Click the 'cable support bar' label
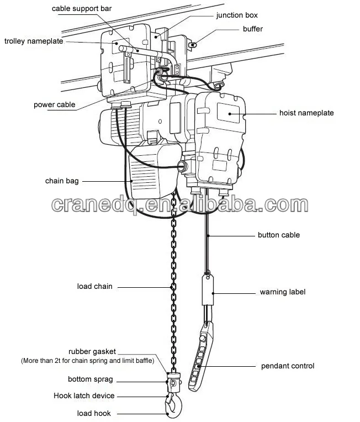pos(82,8)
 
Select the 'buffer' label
pos(252,29)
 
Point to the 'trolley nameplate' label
pos(34,41)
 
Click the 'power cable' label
pos(54,104)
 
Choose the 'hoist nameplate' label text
pos(306,113)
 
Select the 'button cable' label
pos(279,235)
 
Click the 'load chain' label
pos(94,286)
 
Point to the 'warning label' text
pos(282,292)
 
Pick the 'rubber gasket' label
pos(92,351)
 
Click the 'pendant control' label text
pos(287,366)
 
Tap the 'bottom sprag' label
pos(91,379)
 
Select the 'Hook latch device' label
pos(84,396)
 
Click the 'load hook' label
pos(94,413)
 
